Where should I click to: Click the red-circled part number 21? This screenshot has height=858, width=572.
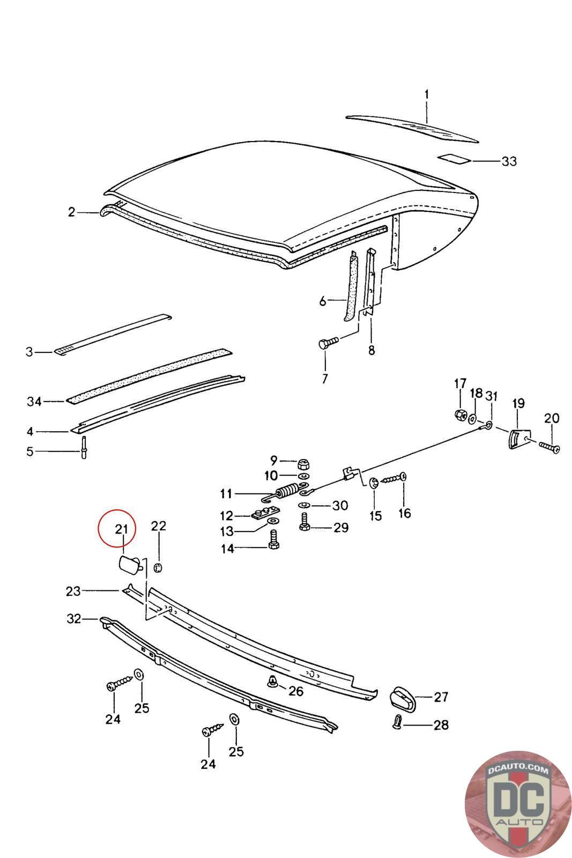(x=121, y=529)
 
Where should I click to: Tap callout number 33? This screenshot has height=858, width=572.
(x=509, y=161)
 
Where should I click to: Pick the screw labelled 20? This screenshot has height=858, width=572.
(x=548, y=447)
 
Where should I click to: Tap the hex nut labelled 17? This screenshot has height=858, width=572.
(x=460, y=414)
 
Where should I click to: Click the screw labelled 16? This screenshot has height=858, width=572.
(x=395, y=477)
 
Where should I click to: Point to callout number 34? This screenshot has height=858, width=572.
(x=34, y=401)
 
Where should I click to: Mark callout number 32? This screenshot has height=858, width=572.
(x=73, y=619)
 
